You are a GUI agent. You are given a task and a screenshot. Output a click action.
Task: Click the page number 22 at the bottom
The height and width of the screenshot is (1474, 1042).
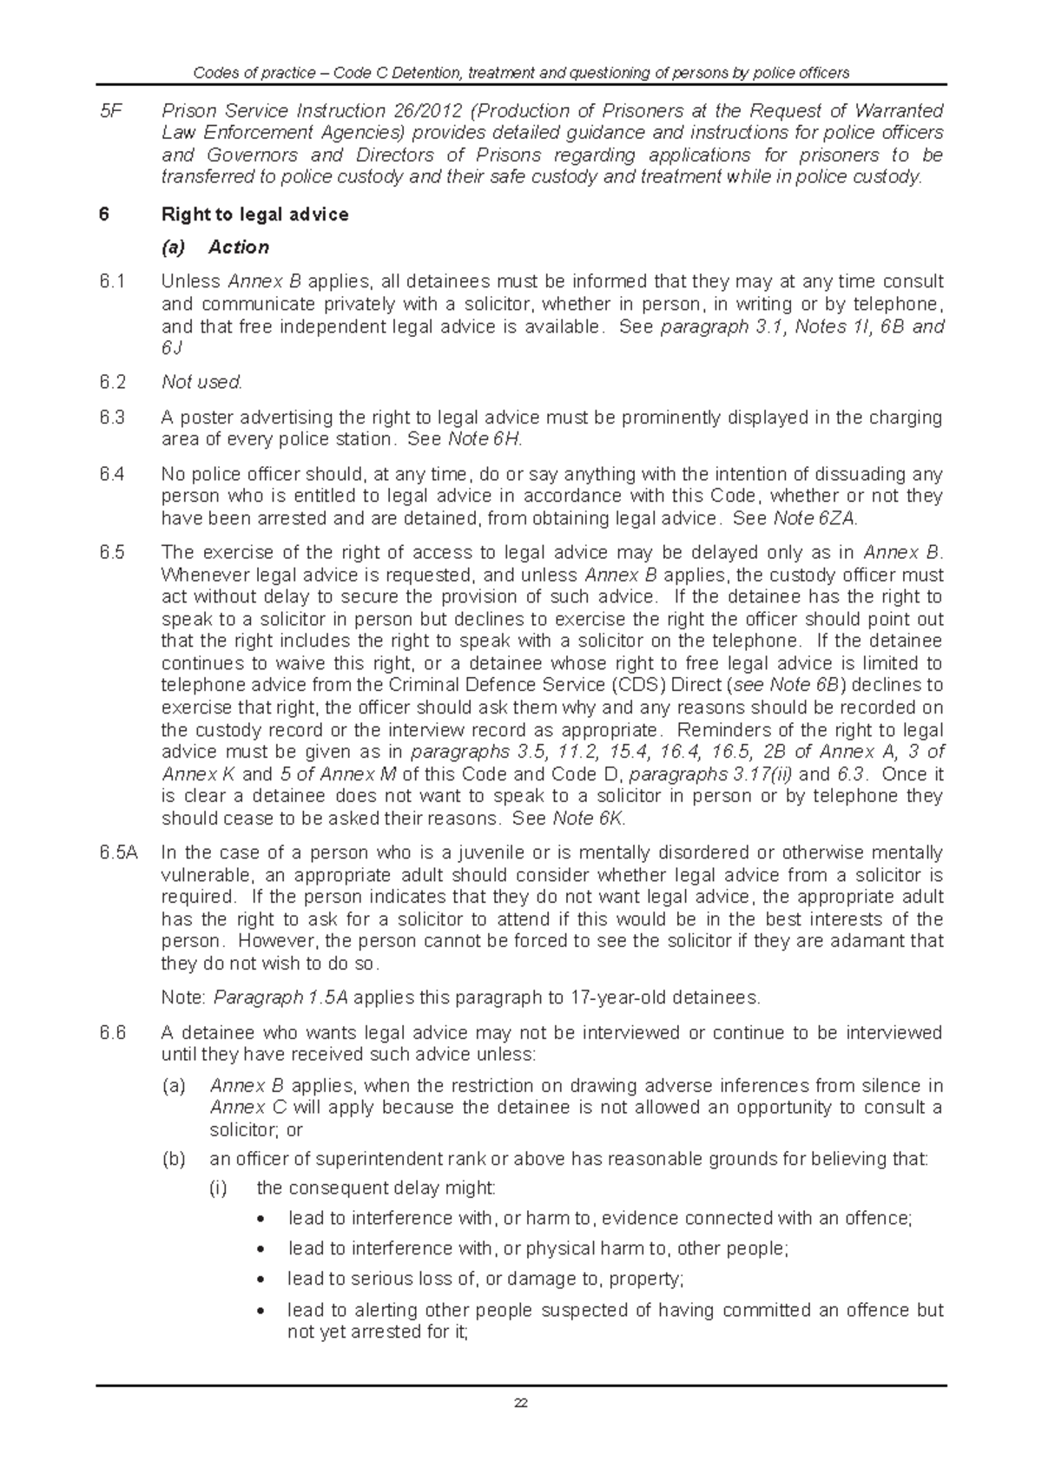pos(521,1404)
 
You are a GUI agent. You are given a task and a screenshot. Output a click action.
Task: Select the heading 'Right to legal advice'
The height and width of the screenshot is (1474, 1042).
pos(254,214)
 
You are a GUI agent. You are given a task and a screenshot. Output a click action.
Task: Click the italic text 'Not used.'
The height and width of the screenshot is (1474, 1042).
pos(201,382)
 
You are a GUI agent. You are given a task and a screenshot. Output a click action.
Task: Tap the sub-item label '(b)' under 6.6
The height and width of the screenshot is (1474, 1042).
pos(174,1159)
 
